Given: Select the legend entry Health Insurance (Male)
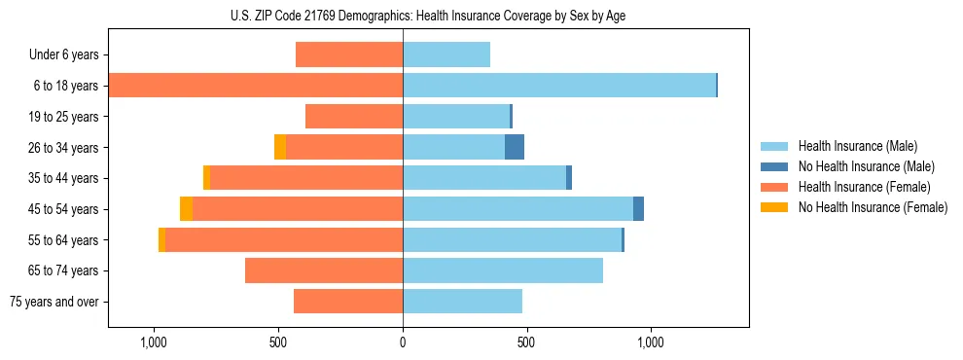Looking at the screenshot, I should tap(856, 146).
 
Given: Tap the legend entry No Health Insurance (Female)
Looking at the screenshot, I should tap(871, 207).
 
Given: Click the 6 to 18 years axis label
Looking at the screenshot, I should tap(66, 86).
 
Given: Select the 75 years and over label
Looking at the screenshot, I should tap(53, 302).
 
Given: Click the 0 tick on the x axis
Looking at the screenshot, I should tap(403, 342).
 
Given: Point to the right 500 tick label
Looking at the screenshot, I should tap(526, 342).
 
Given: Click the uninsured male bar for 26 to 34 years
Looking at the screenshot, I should tap(515, 147).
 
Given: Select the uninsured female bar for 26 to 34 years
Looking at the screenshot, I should tap(280, 147).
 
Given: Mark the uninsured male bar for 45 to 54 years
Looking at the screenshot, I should tap(638, 209).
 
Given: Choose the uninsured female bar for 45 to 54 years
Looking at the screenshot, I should tap(186, 209).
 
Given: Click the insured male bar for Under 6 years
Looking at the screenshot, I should tap(446, 54).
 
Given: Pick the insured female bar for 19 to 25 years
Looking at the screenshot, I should tap(354, 117).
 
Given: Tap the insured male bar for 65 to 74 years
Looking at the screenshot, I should tap(503, 270).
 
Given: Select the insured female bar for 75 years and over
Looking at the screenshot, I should tap(348, 302).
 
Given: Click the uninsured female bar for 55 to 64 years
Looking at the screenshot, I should tap(161, 240).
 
